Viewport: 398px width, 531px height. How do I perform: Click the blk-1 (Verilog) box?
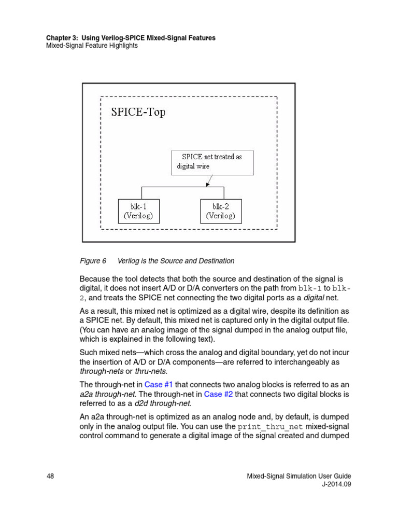139,211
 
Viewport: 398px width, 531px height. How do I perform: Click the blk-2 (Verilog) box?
221,211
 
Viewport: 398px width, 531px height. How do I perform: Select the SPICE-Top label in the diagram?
138,113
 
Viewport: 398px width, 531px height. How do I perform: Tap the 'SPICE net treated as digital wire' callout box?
212,162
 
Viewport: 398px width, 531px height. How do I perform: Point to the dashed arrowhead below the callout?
208,184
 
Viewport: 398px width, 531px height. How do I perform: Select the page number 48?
51,476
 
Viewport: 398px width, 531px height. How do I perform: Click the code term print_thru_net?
271,427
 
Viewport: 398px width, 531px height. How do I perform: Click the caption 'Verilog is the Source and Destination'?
176,261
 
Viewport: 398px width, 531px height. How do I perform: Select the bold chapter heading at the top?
131,38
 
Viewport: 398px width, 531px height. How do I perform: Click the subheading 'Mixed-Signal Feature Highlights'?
92,46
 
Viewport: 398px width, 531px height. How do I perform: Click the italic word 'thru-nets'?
150,371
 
